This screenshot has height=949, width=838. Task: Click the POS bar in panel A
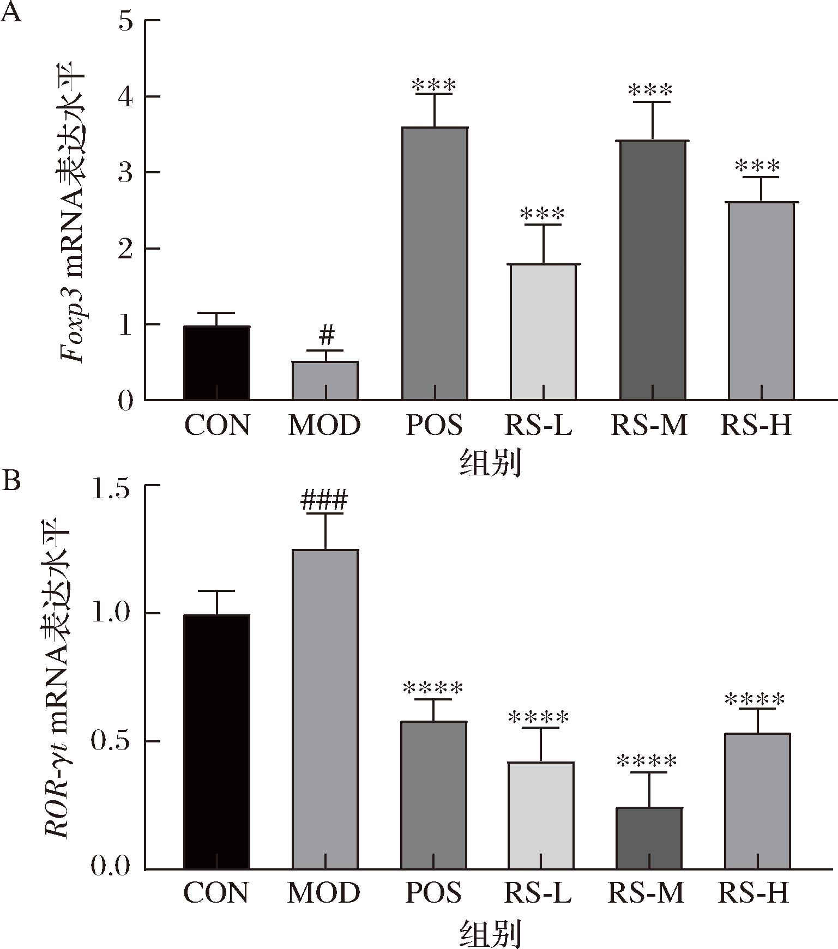[x=435, y=264]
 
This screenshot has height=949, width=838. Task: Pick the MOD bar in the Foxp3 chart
[x=325, y=381]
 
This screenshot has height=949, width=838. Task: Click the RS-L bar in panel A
[x=543, y=333]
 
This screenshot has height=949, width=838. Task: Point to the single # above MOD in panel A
[x=326, y=336]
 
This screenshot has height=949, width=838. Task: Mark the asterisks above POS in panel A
[x=434, y=86]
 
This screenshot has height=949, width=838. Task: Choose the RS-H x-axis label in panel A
[x=756, y=425]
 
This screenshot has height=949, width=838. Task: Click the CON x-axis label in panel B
[x=216, y=892]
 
